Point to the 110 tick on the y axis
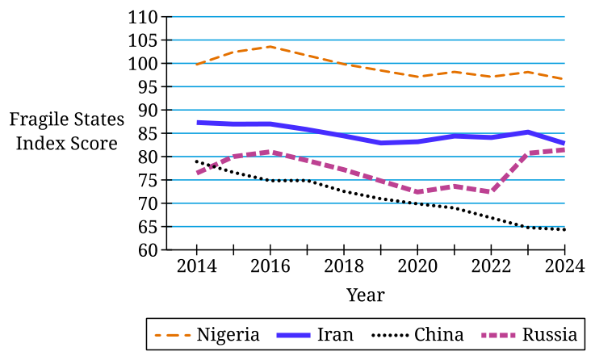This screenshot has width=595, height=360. [143, 18]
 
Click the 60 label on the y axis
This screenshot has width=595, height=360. [148, 250]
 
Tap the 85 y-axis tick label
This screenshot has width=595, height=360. [148, 133]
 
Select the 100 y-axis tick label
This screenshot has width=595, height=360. [143, 64]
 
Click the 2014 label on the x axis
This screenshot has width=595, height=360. [196, 266]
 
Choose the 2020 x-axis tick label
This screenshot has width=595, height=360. [417, 266]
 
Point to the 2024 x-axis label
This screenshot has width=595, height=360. [564, 266]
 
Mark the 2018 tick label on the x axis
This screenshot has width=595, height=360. [344, 266]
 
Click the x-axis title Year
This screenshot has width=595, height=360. [366, 295]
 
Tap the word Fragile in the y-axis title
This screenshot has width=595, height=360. [39, 119]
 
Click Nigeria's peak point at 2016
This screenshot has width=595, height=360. [270, 47]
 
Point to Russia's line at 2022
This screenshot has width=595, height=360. [491, 191]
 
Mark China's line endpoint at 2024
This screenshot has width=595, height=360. [564, 229]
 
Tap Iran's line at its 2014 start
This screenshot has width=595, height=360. [197, 123]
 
